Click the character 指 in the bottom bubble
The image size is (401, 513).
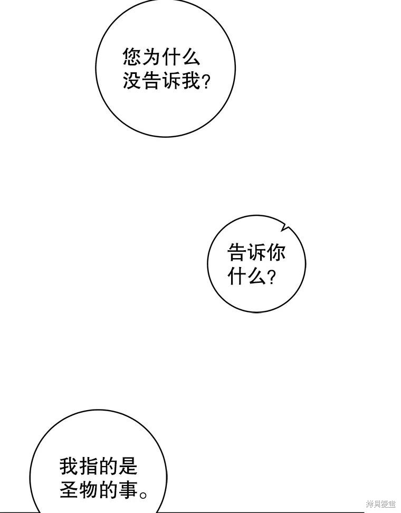(89, 465)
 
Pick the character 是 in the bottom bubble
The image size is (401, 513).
(127, 465)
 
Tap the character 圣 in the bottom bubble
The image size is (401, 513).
(69, 489)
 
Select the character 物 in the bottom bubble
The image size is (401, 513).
(89, 489)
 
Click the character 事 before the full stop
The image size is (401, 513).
(127, 489)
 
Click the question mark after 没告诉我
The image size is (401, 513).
(206, 82)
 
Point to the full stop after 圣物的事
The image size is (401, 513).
(143, 494)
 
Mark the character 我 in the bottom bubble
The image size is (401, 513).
(69, 465)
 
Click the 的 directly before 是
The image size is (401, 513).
(108, 465)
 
